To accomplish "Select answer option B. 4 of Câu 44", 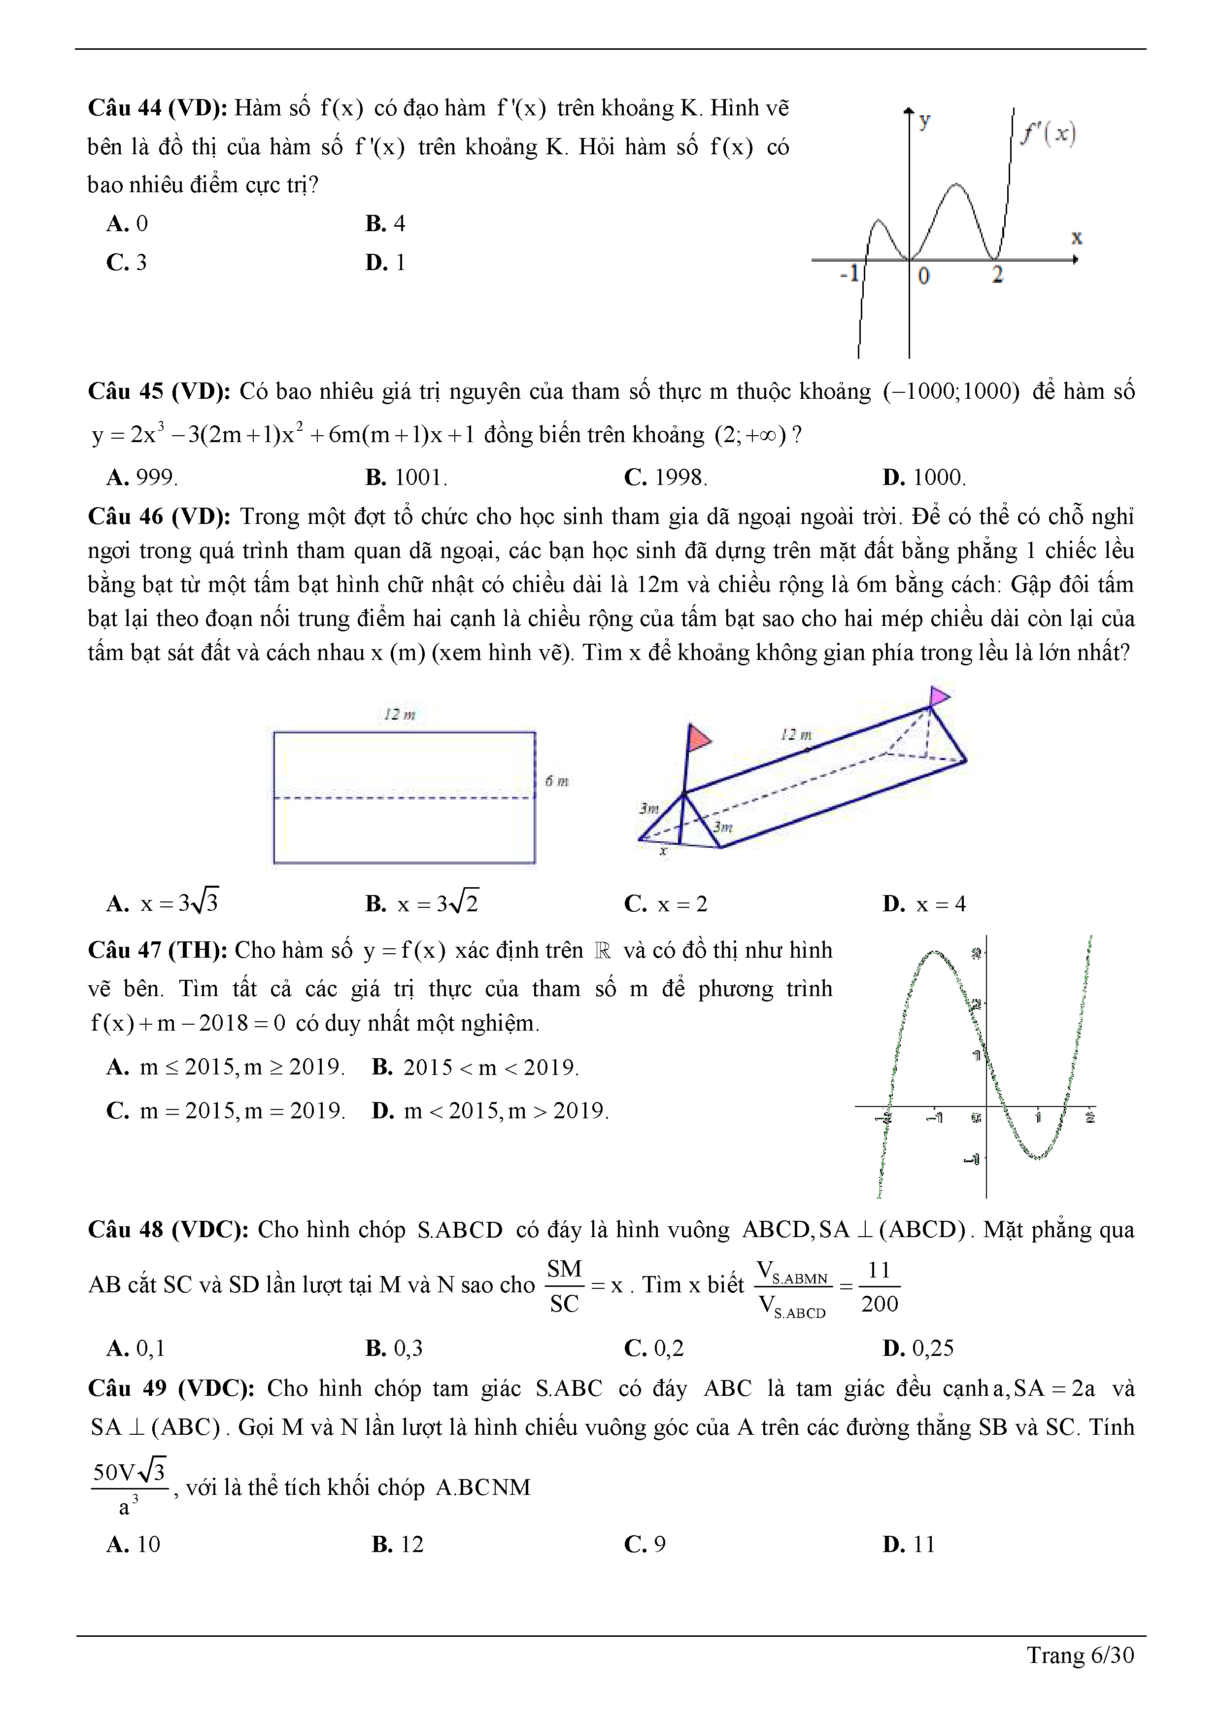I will point(385,224).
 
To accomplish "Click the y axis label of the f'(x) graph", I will point(924,120).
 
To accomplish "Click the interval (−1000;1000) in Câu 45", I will point(951,391).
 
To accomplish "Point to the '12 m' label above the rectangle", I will point(399,714).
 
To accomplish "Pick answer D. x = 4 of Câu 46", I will point(924,903).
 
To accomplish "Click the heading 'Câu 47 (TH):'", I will point(157,950).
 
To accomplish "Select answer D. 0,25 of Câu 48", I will point(918,1348).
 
